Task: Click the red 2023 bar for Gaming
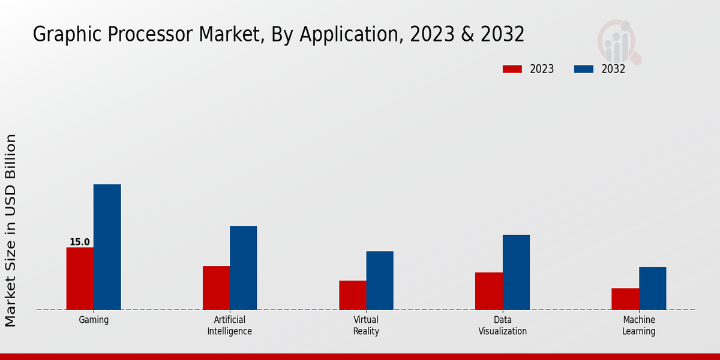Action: tap(80, 278)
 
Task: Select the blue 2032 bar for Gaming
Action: tap(107, 247)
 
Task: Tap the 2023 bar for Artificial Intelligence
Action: tap(216, 287)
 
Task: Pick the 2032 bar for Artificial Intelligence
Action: tap(243, 268)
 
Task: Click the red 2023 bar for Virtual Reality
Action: tap(352, 295)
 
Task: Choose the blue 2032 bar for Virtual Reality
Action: tap(380, 280)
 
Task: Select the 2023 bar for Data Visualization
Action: tap(488, 291)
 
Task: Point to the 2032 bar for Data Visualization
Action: tap(516, 272)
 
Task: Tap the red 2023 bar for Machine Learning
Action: tap(625, 299)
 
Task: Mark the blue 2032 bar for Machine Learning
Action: tap(652, 288)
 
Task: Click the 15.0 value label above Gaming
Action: tap(79, 242)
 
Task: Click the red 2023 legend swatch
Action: tap(512, 69)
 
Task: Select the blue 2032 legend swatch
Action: tap(583, 69)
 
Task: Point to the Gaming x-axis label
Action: tap(94, 320)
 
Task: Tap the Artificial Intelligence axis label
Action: tap(230, 325)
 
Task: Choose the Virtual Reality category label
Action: tap(366, 325)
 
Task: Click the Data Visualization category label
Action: tap(502, 325)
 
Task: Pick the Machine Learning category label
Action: tap(638, 325)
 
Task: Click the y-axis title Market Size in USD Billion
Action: tap(11, 230)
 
